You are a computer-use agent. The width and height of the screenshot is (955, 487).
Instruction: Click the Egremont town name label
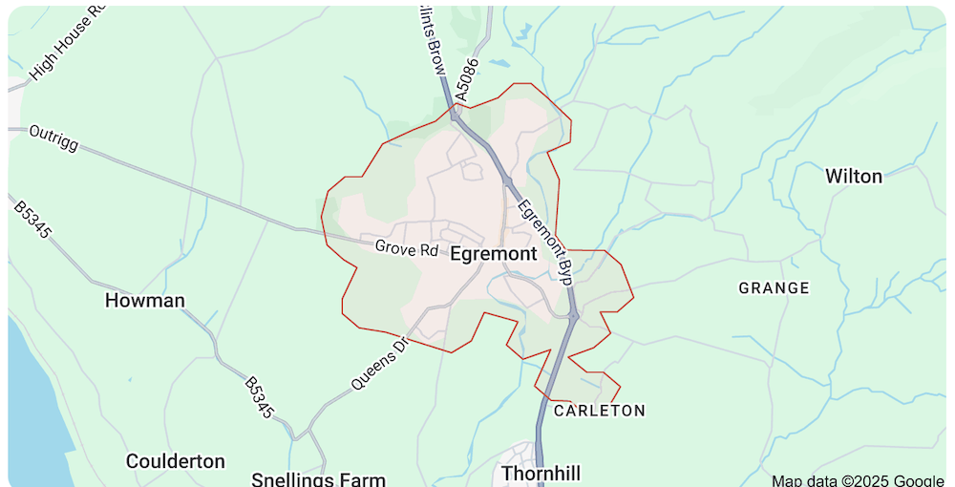(493, 254)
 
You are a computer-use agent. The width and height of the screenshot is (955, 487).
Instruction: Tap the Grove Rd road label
(406, 248)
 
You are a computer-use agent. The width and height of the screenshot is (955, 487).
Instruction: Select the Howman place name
(145, 301)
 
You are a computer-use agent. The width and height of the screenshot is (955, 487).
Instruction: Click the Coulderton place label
(176, 461)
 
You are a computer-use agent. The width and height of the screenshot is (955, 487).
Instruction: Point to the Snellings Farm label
(318, 479)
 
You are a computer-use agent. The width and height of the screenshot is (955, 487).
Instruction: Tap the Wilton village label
(854, 176)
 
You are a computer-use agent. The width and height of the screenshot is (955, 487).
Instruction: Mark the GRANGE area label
(774, 287)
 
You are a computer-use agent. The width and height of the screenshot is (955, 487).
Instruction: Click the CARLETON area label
(600, 411)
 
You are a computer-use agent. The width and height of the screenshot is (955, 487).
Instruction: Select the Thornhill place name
(541, 474)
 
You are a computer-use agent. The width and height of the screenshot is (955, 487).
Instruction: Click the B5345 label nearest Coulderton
(259, 397)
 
